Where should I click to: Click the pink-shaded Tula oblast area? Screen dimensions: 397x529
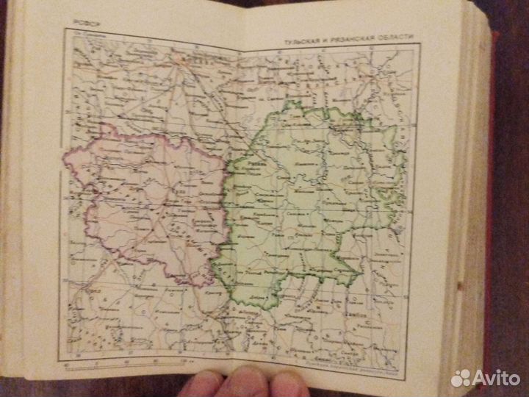147,206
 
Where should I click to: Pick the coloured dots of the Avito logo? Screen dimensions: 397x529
461,378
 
